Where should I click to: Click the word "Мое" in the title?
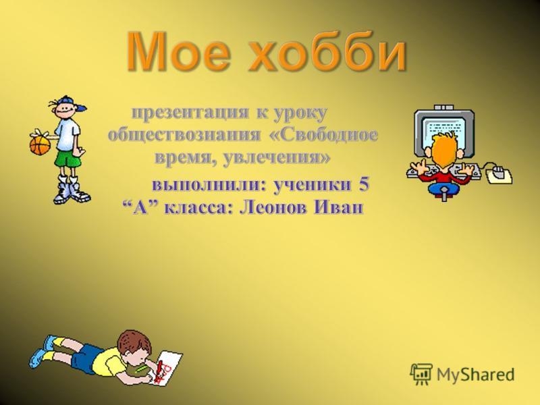tap(178, 51)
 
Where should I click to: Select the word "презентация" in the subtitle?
tap(190, 112)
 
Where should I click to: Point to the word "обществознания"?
tap(184, 134)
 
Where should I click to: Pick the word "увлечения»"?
tap(277, 158)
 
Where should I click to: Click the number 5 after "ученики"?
tap(364, 184)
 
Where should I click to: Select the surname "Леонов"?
tap(272, 208)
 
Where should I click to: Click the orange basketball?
tap(40, 145)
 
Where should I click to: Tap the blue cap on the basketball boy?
tap(72, 103)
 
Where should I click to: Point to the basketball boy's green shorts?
tap(67, 158)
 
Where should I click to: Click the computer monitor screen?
tap(444, 132)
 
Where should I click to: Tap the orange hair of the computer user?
tap(444, 151)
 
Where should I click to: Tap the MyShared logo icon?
tap(421, 374)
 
